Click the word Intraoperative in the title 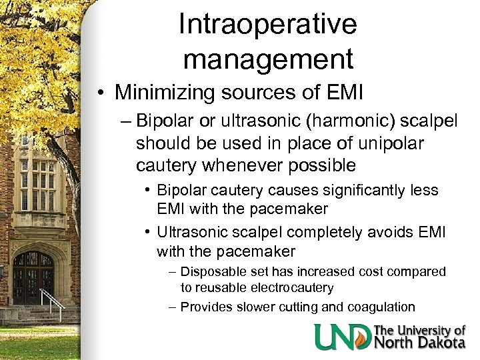pyautogui.click(x=268, y=25)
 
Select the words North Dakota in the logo pyautogui.click(x=420, y=343)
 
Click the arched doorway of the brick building pyautogui.click(x=33, y=277)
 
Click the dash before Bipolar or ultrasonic pyautogui.click(x=124, y=122)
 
